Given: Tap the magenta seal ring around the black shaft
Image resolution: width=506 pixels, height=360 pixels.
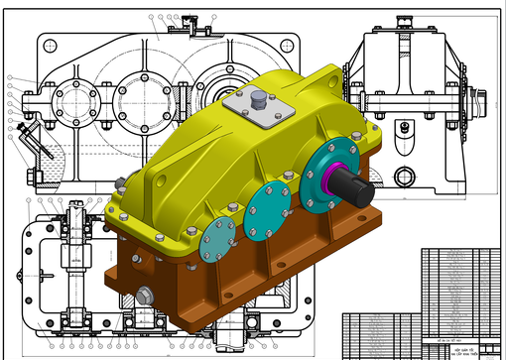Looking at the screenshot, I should tap(333, 176).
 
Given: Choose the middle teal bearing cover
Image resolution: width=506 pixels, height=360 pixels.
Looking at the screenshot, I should tap(267, 210).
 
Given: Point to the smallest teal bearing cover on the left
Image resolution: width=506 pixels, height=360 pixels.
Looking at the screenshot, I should tap(217, 240).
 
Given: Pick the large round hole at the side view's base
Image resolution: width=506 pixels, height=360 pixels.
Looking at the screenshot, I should tap(403, 177).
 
